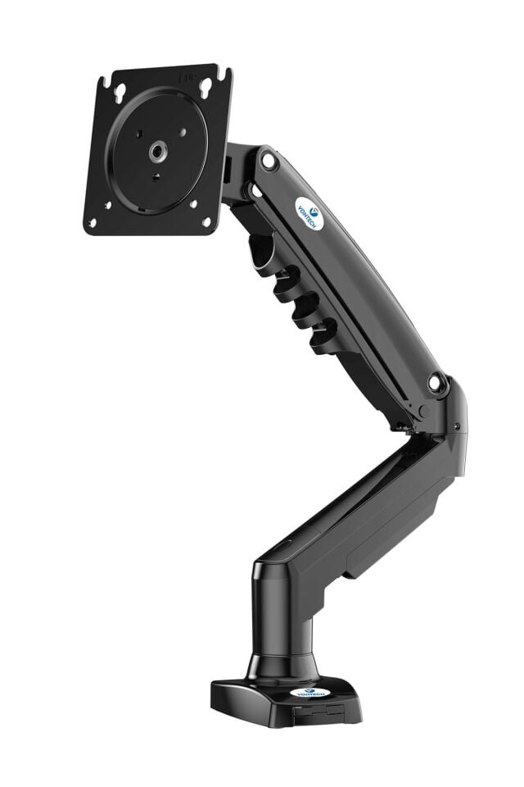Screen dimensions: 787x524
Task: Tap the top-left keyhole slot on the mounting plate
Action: coord(120,90)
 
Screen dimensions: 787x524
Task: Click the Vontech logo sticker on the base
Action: coord(312,693)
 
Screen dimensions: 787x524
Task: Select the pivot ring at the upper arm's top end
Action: coord(269,161)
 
